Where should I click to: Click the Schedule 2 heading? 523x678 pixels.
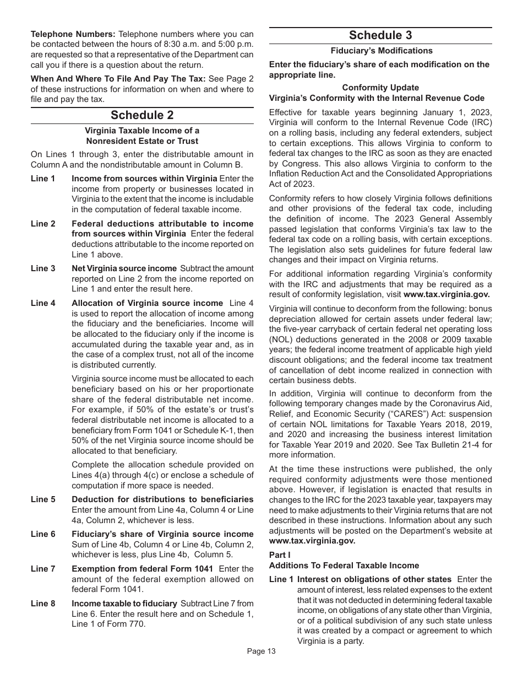(x=142, y=115)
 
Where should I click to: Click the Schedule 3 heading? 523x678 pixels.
(x=380, y=35)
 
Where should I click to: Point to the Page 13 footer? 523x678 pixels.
(x=261, y=651)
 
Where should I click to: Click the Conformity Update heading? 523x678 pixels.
(x=380, y=88)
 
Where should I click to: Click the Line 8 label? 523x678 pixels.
(x=43, y=604)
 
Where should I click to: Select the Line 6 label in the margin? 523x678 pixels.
(x=43, y=534)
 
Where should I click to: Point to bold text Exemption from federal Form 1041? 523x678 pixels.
(x=143, y=569)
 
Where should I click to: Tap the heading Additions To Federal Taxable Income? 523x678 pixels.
(x=344, y=566)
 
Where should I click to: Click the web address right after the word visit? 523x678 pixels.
(x=446, y=294)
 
